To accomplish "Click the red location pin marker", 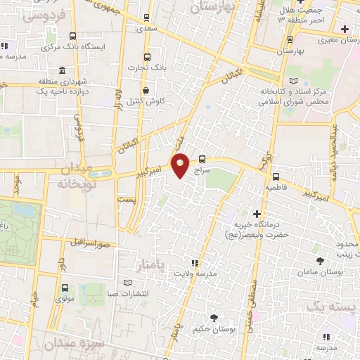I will click(x=180, y=165).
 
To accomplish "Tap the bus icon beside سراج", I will click(x=202, y=159).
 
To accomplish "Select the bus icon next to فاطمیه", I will click(x=275, y=177).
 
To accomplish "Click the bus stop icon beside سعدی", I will click(x=146, y=18).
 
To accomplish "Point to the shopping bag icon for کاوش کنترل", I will click(x=146, y=90).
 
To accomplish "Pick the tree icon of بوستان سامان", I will click(x=321, y=260).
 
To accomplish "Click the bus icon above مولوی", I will click(x=65, y=288).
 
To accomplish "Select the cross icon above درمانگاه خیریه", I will click(x=257, y=213).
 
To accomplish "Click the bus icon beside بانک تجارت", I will click(x=147, y=57).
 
